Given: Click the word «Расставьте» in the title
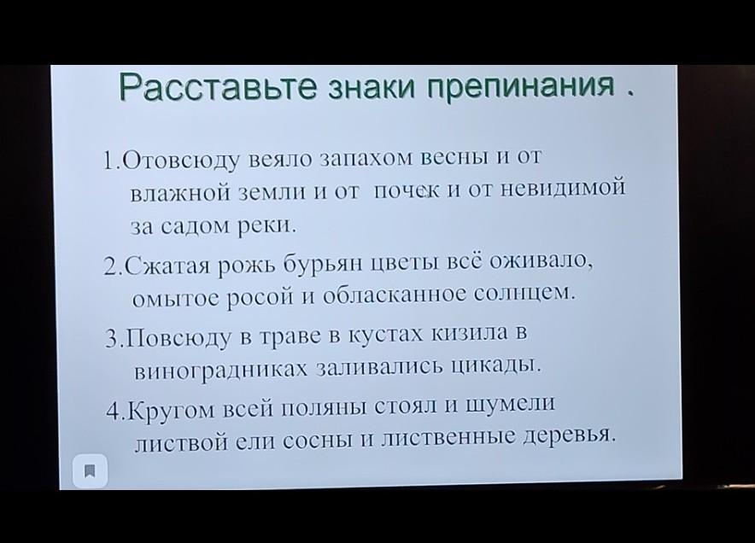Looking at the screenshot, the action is point(218,87).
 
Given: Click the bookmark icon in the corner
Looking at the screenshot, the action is point(90,470).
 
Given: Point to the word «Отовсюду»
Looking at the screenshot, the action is point(180,161).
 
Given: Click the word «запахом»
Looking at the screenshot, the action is point(366,159).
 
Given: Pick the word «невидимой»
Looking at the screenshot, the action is point(564,187).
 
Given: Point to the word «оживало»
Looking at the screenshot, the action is point(541,260).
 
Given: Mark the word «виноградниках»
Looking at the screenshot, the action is point(221,371).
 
